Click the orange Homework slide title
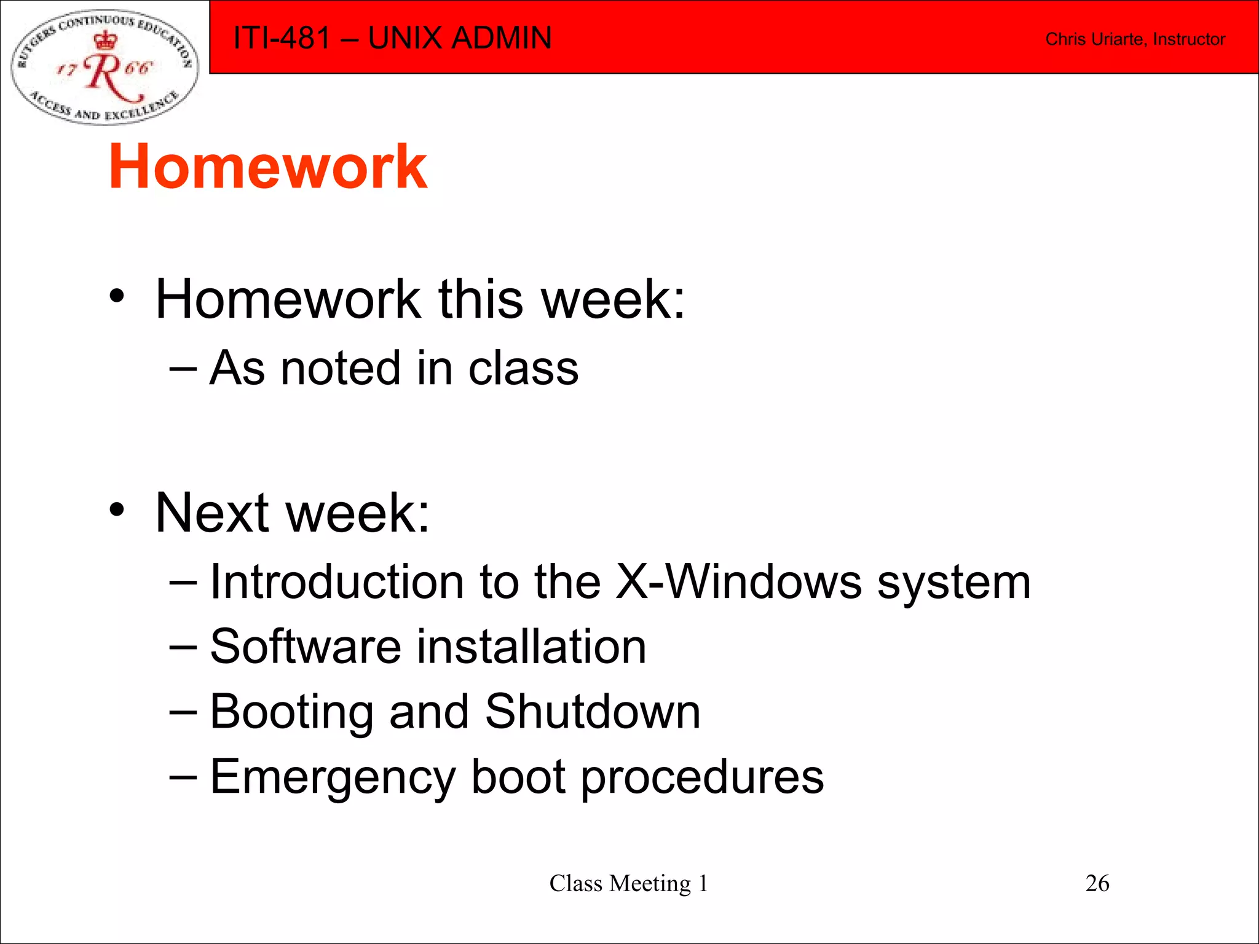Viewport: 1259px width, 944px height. (x=268, y=167)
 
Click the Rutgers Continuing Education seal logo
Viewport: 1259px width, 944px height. (x=105, y=67)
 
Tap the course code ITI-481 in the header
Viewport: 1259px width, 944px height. (x=282, y=38)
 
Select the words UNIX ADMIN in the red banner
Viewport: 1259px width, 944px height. (x=460, y=38)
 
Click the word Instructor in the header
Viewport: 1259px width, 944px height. (x=1189, y=39)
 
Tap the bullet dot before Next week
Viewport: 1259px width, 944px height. (x=117, y=509)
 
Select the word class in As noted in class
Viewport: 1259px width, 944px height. (x=523, y=369)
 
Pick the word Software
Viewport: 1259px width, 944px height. (x=306, y=647)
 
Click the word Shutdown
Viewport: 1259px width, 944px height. (x=593, y=712)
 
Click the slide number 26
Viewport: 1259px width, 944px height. (x=1097, y=883)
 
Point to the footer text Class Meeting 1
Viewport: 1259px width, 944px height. (x=628, y=883)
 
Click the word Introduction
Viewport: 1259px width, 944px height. (x=337, y=582)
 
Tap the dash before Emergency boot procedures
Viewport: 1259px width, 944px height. (x=183, y=777)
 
